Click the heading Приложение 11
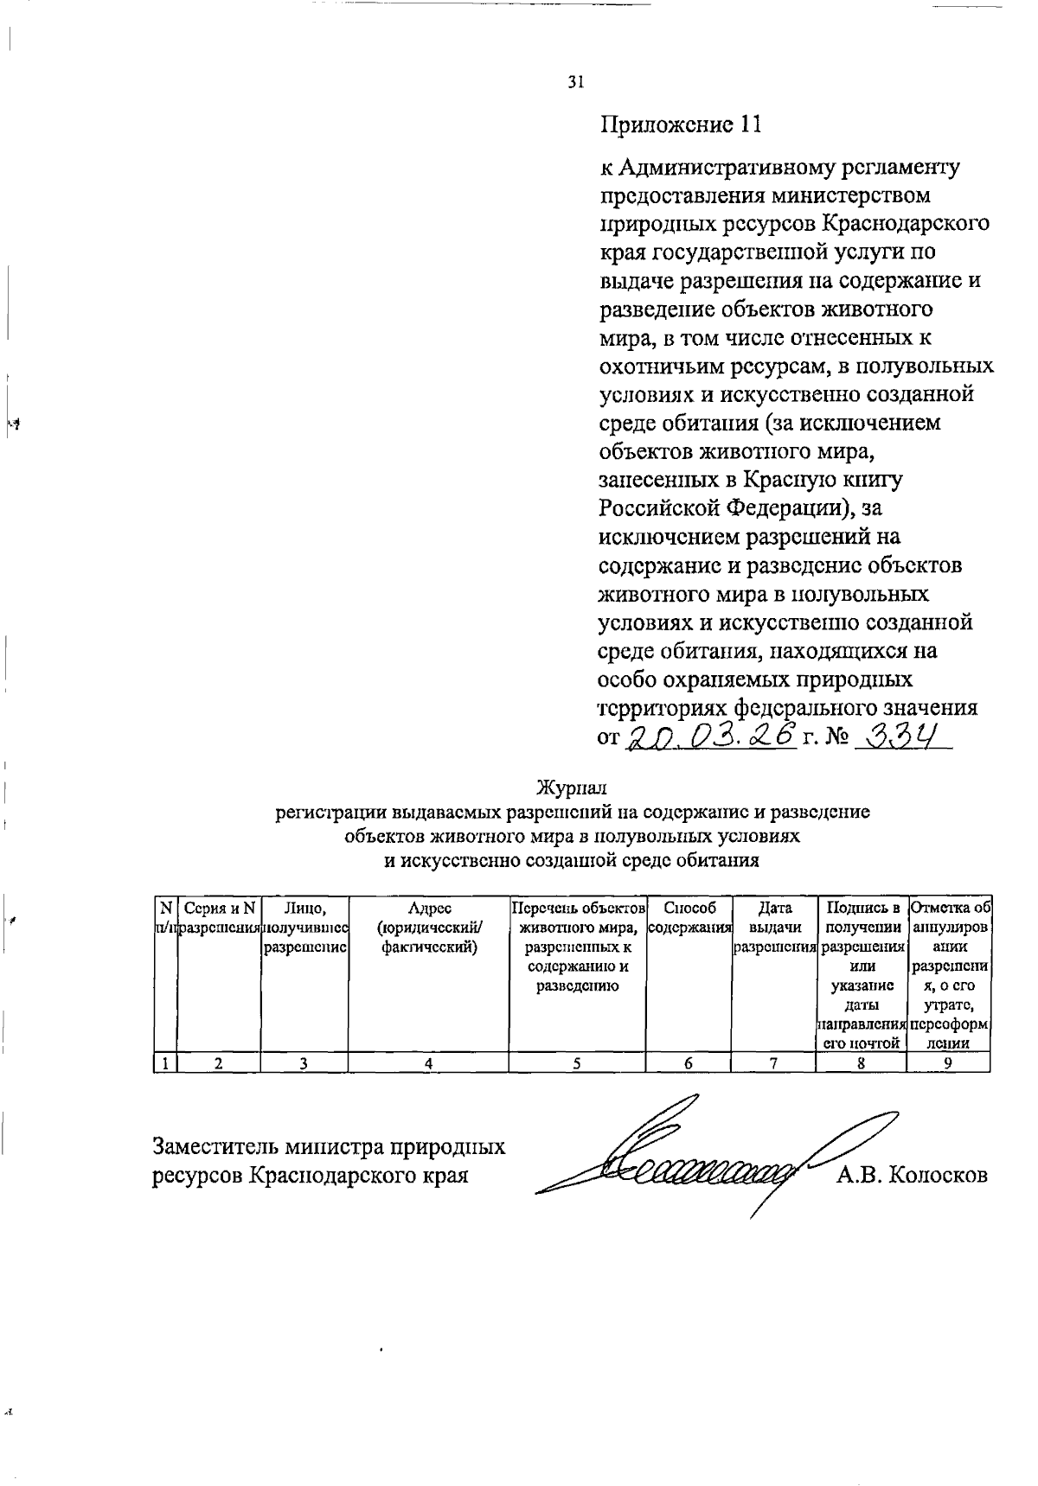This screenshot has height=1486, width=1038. (x=681, y=125)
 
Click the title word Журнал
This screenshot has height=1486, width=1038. (x=572, y=788)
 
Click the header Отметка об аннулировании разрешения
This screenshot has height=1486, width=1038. (x=949, y=973)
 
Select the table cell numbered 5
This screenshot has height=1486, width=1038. (x=577, y=1064)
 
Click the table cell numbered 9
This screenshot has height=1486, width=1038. (x=949, y=1064)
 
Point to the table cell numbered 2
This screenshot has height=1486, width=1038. (x=219, y=1064)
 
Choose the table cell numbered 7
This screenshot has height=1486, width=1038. (x=774, y=1064)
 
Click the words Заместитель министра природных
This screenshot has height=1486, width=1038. (x=329, y=1147)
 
